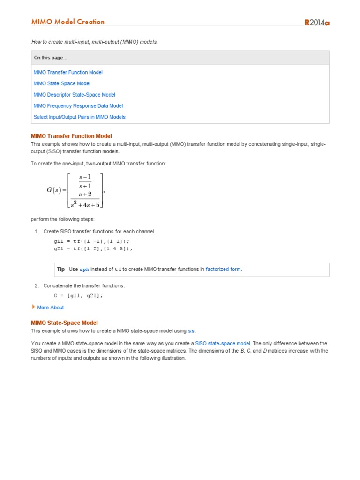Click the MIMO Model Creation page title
[68, 22]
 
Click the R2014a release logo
[317, 22]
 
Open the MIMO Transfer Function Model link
[68, 72]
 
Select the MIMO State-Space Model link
[62, 83]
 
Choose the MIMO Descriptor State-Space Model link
[75, 95]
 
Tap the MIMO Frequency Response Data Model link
[78, 106]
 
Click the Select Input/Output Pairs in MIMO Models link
[80, 117]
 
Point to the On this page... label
[51, 58]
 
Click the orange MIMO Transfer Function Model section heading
[71, 136]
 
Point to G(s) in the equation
[56, 190]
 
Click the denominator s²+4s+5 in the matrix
[85, 204]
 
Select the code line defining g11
[90, 241]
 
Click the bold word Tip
[61, 269]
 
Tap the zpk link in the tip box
[84, 270]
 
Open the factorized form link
[224, 269]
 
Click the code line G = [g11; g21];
[78, 296]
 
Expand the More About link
[50, 307]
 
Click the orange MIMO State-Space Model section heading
[64, 322]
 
